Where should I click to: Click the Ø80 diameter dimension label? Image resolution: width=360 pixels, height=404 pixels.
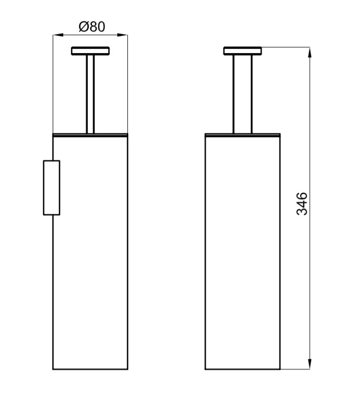pyautogui.click(x=92, y=27)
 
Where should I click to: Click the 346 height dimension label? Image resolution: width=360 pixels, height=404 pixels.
pyautogui.click(x=302, y=203)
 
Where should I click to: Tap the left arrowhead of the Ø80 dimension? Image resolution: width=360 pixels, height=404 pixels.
pyautogui.click(x=58, y=35)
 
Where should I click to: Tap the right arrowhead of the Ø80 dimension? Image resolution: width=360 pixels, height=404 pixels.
pyautogui.click(x=122, y=35)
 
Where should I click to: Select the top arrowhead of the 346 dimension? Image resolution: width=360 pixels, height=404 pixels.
pyautogui.click(x=310, y=53)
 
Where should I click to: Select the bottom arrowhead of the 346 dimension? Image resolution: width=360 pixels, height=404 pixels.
pyautogui.click(x=310, y=364)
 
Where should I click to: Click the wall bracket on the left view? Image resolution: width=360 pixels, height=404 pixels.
pyautogui.click(x=52, y=188)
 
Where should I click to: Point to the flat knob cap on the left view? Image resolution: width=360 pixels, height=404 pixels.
pyautogui.click(x=90, y=51)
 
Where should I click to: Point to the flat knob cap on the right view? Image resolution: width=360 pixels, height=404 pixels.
pyautogui.click(x=242, y=51)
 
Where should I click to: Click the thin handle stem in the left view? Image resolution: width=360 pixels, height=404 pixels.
pyautogui.click(x=90, y=94)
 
